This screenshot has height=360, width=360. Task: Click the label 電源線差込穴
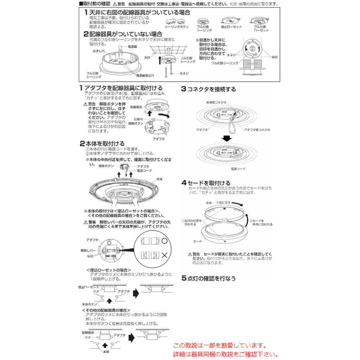[148, 75]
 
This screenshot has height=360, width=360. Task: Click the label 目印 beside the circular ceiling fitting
[274, 57]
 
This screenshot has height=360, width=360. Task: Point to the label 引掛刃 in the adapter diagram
[139, 119]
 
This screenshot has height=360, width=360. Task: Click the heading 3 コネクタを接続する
[208, 89]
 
